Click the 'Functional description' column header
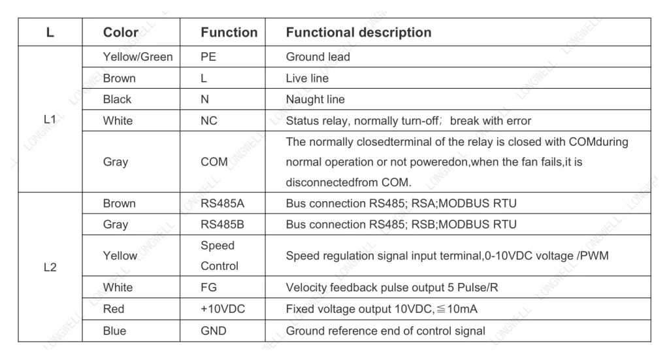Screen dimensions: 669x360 click(x=359, y=33)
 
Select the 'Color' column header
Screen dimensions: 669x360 click(x=121, y=33)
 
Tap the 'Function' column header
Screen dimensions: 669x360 click(x=229, y=33)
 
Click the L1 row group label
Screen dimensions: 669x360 click(x=50, y=120)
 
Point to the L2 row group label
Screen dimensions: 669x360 click(x=50, y=267)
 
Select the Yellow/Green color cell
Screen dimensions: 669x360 click(x=138, y=57)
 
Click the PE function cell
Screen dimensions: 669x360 click(x=208, y=57)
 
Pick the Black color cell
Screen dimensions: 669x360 click(x=117, y=99)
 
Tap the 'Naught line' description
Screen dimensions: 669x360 click(x=316, y=99)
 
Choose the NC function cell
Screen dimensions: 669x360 click(x=209, y=121)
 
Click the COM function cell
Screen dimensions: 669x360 click(x=214, y=162)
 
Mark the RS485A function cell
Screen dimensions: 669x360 click(x=222, y=203)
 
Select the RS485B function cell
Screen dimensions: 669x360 click(x=222, y=224)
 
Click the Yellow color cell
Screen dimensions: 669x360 click(x=120, y=255)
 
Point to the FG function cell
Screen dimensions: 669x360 click(x=208, y=287)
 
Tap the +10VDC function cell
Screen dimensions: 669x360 click(x=223, y=309)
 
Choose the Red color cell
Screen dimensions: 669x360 click(x=114, y=309)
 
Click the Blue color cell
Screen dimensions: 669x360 click(x=114, y=331)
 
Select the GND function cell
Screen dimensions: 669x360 click(x=214, y=331)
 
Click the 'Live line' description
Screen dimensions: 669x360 click(x=307, y=78)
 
